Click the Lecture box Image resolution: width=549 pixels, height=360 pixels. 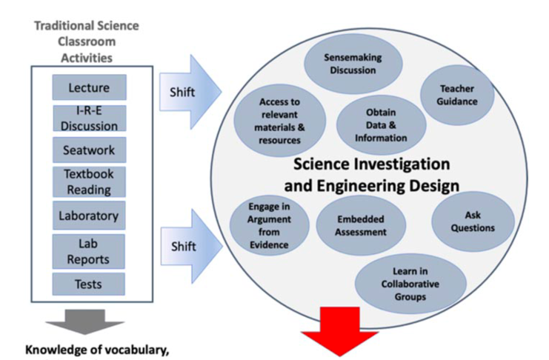click(90, 87)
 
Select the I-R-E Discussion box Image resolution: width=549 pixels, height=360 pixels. click(90, 119)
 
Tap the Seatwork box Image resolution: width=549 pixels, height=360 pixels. click(90, 150)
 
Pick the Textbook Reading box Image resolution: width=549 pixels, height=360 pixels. click(90, 181)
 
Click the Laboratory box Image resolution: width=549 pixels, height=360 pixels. click(89, 216)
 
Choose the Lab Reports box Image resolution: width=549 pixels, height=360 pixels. click(89, 251)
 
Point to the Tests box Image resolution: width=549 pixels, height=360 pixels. click(89, 284)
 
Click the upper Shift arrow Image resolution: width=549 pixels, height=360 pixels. click(190, 92)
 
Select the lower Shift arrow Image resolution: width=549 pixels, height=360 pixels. click(191, 246)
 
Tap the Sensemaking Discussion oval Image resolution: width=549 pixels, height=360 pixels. click(353, 64)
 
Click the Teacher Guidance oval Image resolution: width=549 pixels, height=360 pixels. click(457, 95)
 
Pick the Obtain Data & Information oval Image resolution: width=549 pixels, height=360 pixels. click(381, 125)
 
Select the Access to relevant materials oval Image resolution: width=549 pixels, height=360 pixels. click(280, 121)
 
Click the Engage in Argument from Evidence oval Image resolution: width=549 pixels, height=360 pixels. click(269, 225)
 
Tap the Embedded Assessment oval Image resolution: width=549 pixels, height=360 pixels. click(361, 225)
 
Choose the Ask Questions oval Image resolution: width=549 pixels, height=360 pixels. click(473, 221)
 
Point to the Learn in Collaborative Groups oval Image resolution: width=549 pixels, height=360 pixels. click(410, 284)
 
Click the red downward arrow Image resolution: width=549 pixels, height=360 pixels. click(339, 331)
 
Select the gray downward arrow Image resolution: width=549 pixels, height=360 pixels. click(85, 321)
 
